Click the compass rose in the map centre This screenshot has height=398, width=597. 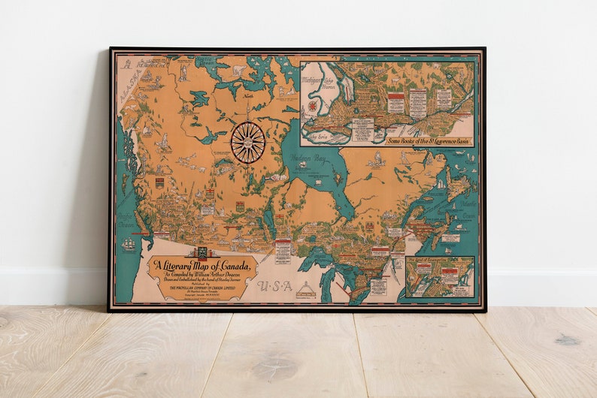pyautogui.click(x=247, y=141)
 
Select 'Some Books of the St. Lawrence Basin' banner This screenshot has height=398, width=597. pyautogui.click(x=427, y=140)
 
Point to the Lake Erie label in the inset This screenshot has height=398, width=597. pyautogui.click(x=320, y=134)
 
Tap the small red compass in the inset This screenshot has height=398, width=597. pyautogui.click(x=312, y=106)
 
